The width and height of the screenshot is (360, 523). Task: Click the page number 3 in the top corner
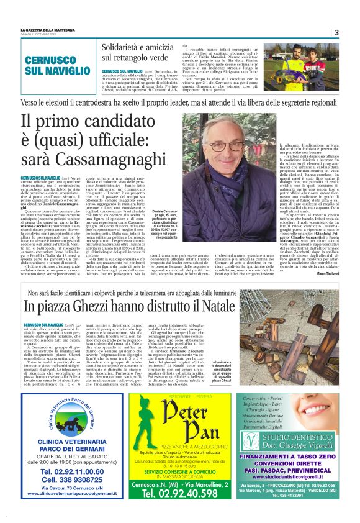coord(336,33)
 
